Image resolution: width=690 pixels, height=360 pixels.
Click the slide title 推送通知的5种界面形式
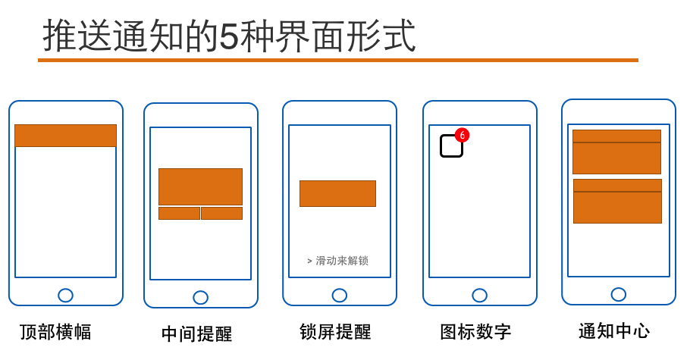coord(229,35)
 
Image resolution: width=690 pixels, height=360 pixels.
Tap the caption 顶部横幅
coord(55,332)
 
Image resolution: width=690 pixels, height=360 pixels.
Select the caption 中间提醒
coord(196,333)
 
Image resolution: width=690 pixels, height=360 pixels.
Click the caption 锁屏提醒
coord(335,332)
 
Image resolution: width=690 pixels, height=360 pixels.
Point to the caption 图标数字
coord(475,332)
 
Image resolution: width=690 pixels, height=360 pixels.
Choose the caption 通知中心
coord(614,331)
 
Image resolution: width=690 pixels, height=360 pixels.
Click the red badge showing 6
coord(462,135)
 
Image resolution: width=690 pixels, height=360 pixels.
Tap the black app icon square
coord(451,146)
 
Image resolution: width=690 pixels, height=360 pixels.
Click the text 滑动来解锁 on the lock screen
coord(342,261)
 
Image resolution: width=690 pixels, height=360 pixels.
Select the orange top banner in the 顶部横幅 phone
coord(65,136)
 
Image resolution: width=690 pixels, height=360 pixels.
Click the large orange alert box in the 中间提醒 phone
coord(201,186)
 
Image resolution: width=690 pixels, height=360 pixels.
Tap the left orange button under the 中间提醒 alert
coord(179,213)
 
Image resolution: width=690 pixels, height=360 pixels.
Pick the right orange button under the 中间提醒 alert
coord(221,213)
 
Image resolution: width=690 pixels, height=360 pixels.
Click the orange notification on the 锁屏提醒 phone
coord(338,193)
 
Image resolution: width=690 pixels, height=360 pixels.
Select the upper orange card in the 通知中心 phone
coord(616,152)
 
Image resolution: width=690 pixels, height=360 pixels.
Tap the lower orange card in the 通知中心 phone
coord(617,201)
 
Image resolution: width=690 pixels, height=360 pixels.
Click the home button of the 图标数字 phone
coord(480,296)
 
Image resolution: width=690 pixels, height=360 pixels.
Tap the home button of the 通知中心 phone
coord(618,294)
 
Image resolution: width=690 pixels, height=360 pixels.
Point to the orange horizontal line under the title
coord(338,61)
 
